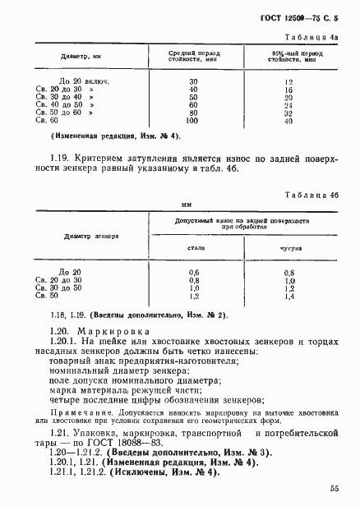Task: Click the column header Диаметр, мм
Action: pos(80,57)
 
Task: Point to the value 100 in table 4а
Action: pos(193,122)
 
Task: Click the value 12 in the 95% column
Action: pos(288,82)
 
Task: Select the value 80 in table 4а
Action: pos(193,113)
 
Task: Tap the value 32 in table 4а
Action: pos(288,113)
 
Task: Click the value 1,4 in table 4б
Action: pos(288,297)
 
